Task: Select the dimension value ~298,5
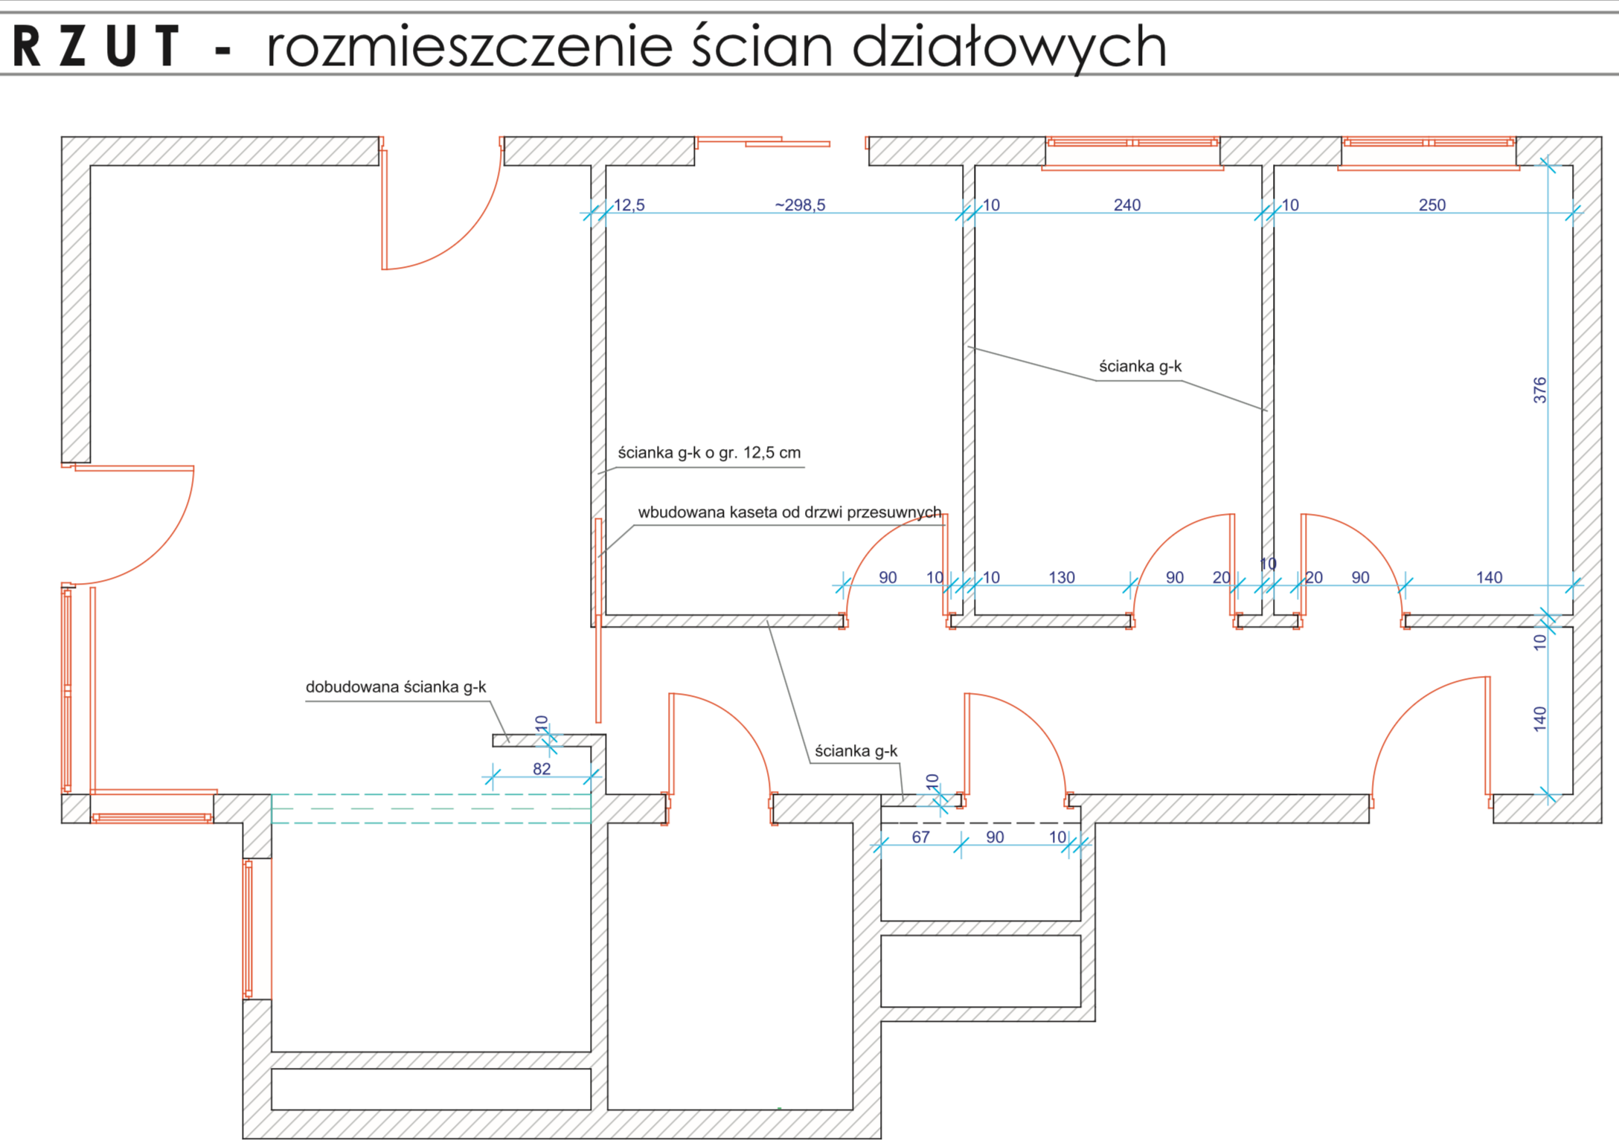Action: pos(800,205)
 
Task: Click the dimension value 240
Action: pos(1126,205)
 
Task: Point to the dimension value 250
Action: pos(1432,205)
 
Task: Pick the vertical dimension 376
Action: pos(1539,390)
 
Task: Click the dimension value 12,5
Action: pos(629,205)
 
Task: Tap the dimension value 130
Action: pos(1061,578)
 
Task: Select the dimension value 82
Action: pos(542,769)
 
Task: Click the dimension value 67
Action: pos(920,837)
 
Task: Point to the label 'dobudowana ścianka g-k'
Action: pos(396,687)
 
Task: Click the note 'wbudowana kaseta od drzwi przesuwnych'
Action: pos(789,512)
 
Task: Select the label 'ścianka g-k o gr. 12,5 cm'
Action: pos(709,453)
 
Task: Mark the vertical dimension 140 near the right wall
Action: pos(1539,719)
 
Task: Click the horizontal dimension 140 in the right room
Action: pos(1489,578)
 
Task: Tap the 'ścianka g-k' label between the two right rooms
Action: pos(1140,367)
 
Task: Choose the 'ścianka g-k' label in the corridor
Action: pos(856,751)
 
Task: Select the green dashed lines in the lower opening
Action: pos(431,808)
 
